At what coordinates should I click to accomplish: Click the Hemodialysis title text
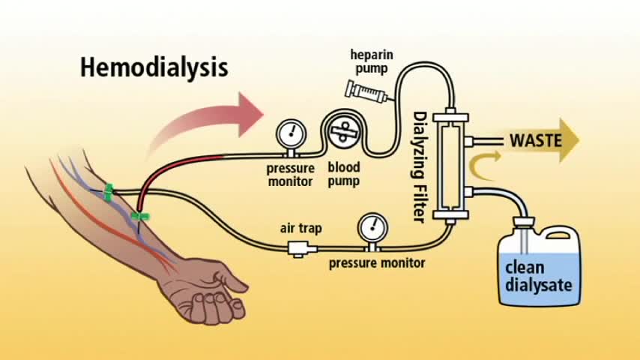(x=154, y=67)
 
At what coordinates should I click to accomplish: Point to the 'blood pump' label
(x=343, y=174)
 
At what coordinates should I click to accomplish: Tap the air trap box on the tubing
(x=299, y=247)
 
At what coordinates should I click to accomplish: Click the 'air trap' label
(x=301, y=227)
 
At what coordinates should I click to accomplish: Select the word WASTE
(x=535, y=140)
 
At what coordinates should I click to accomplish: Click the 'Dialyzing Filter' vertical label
(x=420, y=166)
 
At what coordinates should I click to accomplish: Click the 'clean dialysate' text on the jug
(x=538, y=276)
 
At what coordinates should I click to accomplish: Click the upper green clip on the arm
(x=109, y=192)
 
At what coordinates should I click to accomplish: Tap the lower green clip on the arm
(x=140, y=217)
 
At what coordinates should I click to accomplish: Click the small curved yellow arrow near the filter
(x=479, y=157)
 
